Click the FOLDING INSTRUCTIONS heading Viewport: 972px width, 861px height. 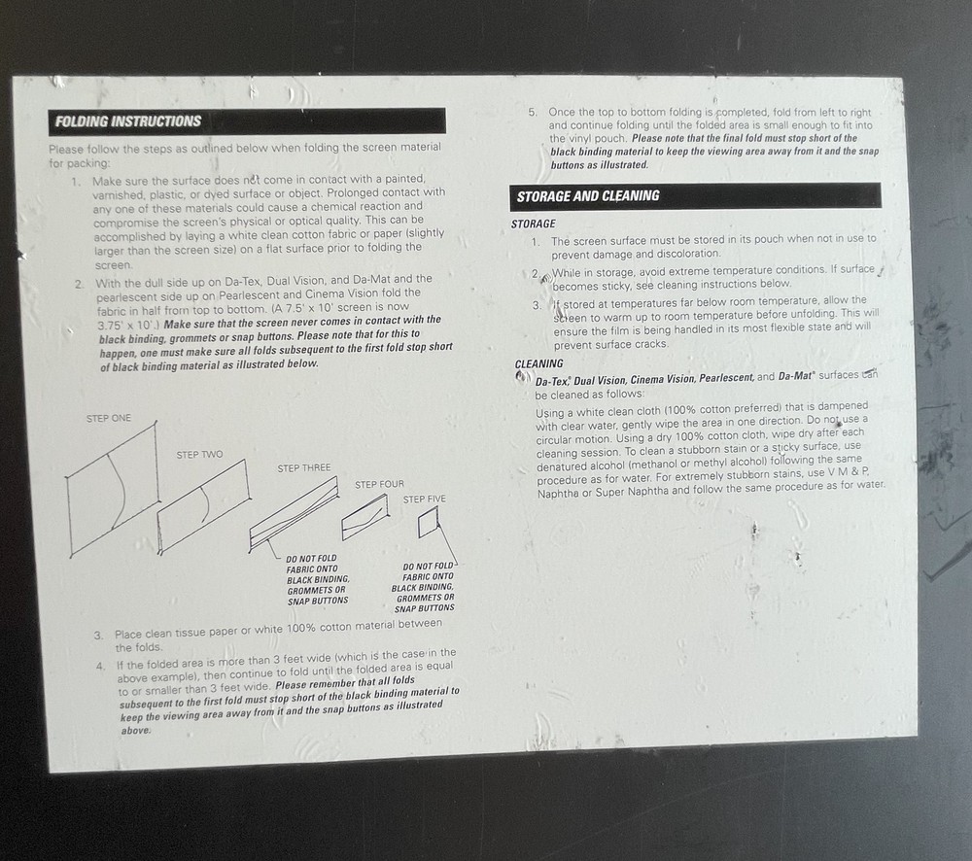coord(128,121)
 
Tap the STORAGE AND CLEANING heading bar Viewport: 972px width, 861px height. coord(588,195)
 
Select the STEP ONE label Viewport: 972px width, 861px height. coord(108,418)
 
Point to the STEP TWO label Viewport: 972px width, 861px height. coord(199,454)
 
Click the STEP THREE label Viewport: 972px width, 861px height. coord(304,467)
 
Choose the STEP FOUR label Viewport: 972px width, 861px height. coord(379,484)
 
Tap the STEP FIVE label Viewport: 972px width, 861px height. coord(425,499)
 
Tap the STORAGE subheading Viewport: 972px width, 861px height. coord(534,224)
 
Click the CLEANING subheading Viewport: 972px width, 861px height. coord(538,364)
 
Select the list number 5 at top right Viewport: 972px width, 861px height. coord(533,113)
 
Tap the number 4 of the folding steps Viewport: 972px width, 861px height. coord(100,667)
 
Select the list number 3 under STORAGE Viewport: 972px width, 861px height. coord(536,305)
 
